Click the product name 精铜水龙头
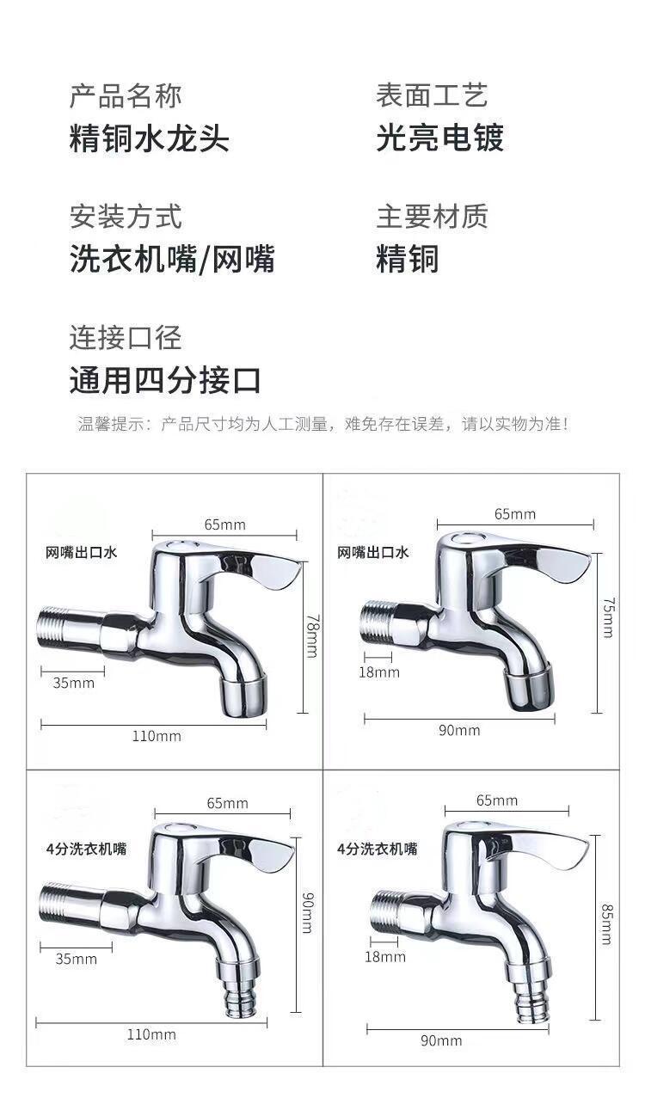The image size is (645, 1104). pos(149,138)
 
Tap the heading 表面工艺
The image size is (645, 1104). pos(431,95)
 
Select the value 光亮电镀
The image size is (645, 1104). pos(439,138)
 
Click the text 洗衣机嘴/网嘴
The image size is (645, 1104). pos(172,259)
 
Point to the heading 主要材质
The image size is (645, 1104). pos(431,216)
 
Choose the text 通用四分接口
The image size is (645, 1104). pos(164,379)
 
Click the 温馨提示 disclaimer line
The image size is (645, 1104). pos(322,424)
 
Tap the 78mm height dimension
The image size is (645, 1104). pos(310,635)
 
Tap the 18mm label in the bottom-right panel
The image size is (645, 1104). pos(384,957)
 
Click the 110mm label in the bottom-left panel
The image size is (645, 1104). pos(151,1034)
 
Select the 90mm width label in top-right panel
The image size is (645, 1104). pos(459,730)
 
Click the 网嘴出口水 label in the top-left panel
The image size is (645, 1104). pos(82,553)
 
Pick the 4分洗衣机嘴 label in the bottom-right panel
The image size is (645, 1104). pos(377,849)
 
